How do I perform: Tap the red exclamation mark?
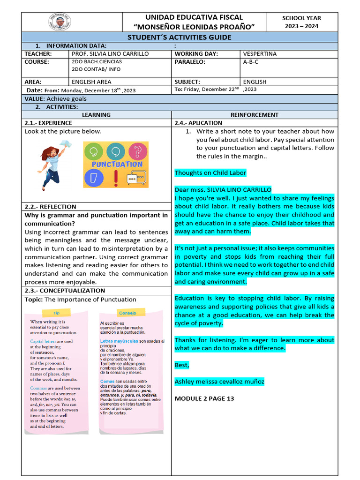[x=115, y=179]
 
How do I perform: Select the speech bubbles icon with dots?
[x=136, y=179]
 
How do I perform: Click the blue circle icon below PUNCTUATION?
[x=93, y=179]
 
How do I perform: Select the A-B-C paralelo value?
[x=251, y=62]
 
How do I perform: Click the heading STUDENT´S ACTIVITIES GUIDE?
[x=180, y=37]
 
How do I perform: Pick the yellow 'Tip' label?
[x=56, y=312]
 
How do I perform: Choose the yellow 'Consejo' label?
[x=127, y=312]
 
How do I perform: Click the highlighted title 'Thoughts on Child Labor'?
[x=210, y=173]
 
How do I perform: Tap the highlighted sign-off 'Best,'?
[x=182, y=365]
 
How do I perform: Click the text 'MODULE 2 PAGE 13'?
[x=204, y=398]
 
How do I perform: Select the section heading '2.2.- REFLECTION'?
[x=50, y=207]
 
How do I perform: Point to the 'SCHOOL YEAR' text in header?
[x=301, y=18]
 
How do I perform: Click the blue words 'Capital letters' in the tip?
[x=44, y=342]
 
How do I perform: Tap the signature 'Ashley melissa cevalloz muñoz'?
[x=219, y=382]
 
